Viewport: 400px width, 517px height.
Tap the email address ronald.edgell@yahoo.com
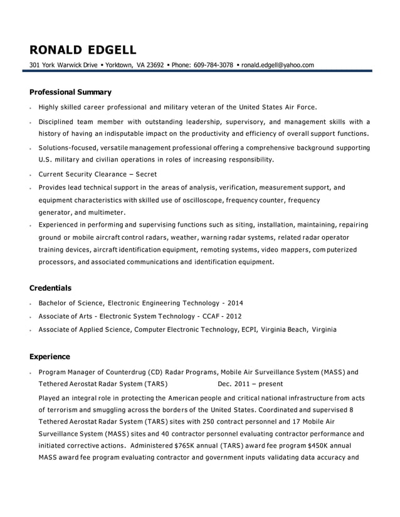coord(278,64)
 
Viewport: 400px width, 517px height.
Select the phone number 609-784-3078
coord(213,64)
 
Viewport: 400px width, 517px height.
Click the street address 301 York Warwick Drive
coord(63,64)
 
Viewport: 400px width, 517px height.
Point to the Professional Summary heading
coord(70,92)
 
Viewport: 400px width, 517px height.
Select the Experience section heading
coord(50,357)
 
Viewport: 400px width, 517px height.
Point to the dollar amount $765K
coord(186,446)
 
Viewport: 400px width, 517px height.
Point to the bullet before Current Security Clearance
coord(30,175)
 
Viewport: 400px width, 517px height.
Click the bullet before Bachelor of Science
coord(30,303)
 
